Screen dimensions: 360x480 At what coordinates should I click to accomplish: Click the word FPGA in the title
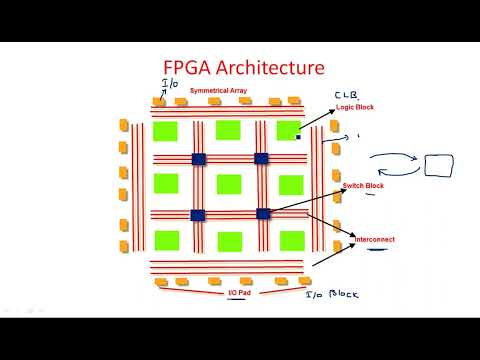189,68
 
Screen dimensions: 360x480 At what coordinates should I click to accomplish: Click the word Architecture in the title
269,68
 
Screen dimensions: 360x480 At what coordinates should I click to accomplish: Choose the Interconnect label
376,241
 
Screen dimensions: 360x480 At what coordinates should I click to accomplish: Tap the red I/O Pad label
239,293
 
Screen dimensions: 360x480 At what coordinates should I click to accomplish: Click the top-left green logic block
165,131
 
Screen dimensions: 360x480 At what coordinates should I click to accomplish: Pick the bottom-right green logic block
291,239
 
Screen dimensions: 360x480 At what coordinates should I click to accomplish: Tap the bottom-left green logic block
165,239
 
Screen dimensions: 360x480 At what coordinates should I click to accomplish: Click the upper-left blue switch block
198,158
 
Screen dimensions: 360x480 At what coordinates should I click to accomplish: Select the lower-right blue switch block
263,213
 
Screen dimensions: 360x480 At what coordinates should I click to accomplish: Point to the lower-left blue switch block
198,213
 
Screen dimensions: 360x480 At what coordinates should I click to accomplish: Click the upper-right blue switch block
262,158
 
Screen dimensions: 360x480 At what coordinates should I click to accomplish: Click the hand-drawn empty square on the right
438,165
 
